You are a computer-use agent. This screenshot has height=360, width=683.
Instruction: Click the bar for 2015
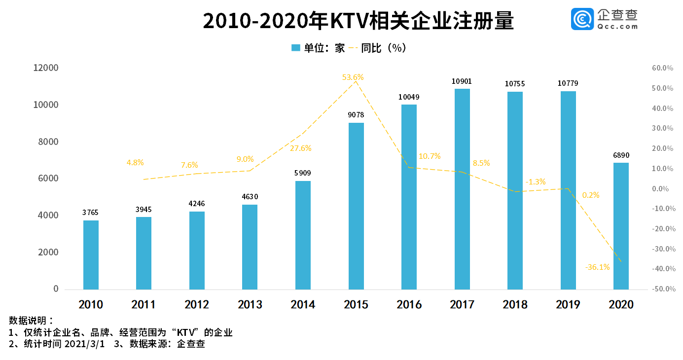point(356,206)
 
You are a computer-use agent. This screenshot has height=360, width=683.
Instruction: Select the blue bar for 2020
point(621,226)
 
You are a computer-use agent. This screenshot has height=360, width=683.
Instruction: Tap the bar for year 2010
point(91,254)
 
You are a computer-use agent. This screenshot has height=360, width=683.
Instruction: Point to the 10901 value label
point(462,81)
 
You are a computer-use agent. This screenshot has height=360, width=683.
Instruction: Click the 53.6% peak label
point(353,77)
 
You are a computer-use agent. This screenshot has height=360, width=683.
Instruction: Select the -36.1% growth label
point(597,267)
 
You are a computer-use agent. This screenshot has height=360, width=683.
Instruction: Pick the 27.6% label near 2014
point(301,148)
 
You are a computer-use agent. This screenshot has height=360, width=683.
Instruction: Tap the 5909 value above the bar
point(303,173)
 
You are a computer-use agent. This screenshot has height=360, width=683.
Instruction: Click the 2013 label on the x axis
point(250,304)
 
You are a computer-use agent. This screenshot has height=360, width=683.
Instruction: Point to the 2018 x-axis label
point(515,304)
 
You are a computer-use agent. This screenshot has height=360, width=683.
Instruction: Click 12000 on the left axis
point(45,68)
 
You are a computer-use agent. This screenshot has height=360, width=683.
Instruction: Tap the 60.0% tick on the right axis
point(663,68)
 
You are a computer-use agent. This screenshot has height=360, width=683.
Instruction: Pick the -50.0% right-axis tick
point(662,289)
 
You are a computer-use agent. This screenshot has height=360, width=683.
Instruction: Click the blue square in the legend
point(296,48)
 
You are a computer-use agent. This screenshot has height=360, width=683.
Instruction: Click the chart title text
point(359,22)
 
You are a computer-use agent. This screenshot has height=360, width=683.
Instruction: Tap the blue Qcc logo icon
point(582,19)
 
